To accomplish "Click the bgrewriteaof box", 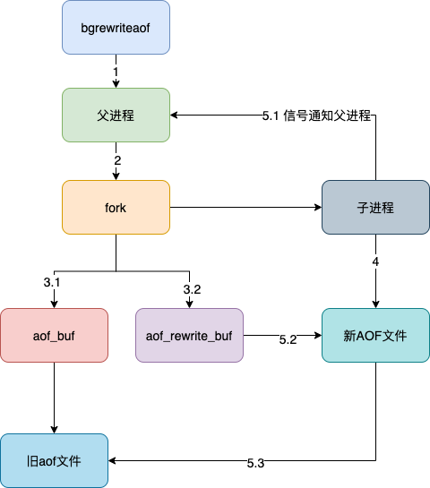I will tap(116, 27).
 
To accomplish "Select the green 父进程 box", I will tap(116, 115).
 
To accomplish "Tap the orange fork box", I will tap(116, 208).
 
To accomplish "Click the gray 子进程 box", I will tap(375, 208).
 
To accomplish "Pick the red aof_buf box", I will tap(54, 336).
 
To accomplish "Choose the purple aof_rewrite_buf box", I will tap(189, 336).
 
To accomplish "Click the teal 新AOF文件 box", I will tap(375, 336).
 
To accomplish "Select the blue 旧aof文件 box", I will tap(54, 460).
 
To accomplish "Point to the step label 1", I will tap(116, 71).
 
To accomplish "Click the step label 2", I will tap(116, 160).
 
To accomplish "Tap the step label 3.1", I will tap(53, 283).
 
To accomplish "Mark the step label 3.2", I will tap(192, 289).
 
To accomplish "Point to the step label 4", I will tap(375, 262).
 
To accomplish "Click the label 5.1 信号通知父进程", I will tap(317, 116).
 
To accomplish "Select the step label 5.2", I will tap(288, 340).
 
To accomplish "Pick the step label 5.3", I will tap(256, 464).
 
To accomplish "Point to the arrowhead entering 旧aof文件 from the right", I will tap(114, 460).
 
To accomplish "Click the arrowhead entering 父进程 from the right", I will tap(176, 115).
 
